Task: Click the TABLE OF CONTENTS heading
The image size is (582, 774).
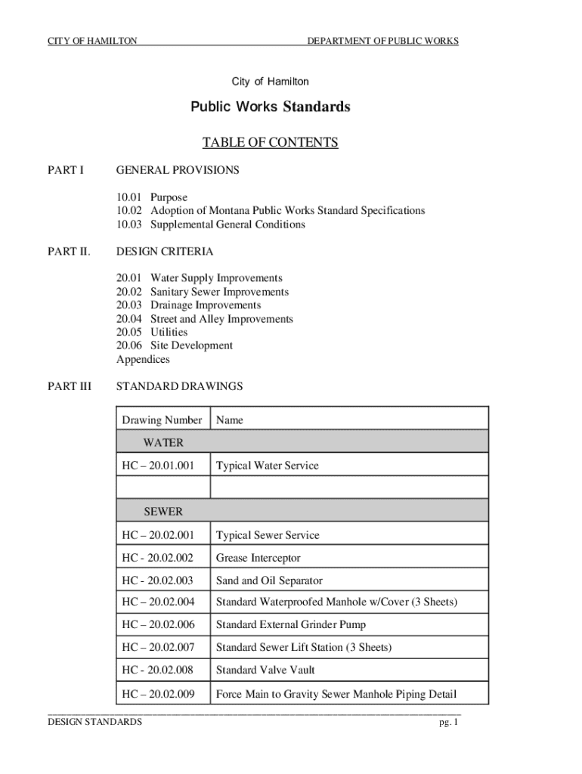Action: (270, 143)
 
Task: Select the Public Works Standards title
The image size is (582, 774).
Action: (270, 107)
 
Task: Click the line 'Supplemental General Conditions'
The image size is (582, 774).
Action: (228, 224)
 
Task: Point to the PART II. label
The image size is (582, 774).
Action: (69, 251)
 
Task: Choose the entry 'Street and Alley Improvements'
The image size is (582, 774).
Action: (221, 319)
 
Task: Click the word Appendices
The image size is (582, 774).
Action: (143, 359)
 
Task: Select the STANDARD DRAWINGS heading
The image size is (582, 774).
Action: (179, 386)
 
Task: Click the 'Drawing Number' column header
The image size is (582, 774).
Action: (162, 420)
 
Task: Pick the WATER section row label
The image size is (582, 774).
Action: (163, 443)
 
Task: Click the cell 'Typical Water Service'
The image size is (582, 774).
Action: (267, 466)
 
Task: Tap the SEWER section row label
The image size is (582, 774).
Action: (163, 512)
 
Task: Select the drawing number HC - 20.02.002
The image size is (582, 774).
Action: (157, 558)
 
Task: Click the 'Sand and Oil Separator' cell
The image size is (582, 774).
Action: (269, 580)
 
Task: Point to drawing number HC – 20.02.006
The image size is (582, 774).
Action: (157, 625)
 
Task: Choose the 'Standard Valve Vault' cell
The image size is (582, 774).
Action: (265, 670)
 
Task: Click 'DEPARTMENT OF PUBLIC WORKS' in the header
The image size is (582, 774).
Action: (382, 40)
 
